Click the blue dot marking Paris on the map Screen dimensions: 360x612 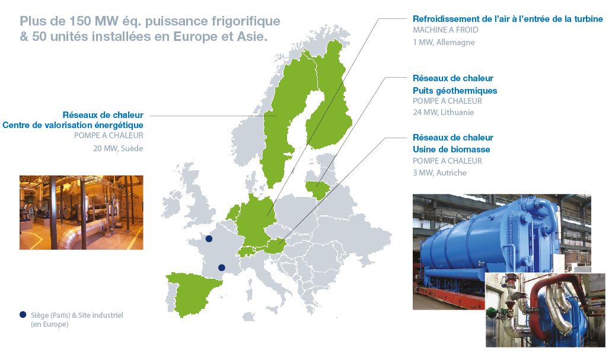209,239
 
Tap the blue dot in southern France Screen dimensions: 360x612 222,267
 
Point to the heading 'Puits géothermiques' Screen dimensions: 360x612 454,91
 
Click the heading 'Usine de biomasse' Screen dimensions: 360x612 451,149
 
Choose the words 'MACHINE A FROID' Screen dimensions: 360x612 445,30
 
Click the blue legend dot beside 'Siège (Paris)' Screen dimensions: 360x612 23,315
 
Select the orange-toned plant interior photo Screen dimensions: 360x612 81,212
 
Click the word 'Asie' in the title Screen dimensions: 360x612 251,36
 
